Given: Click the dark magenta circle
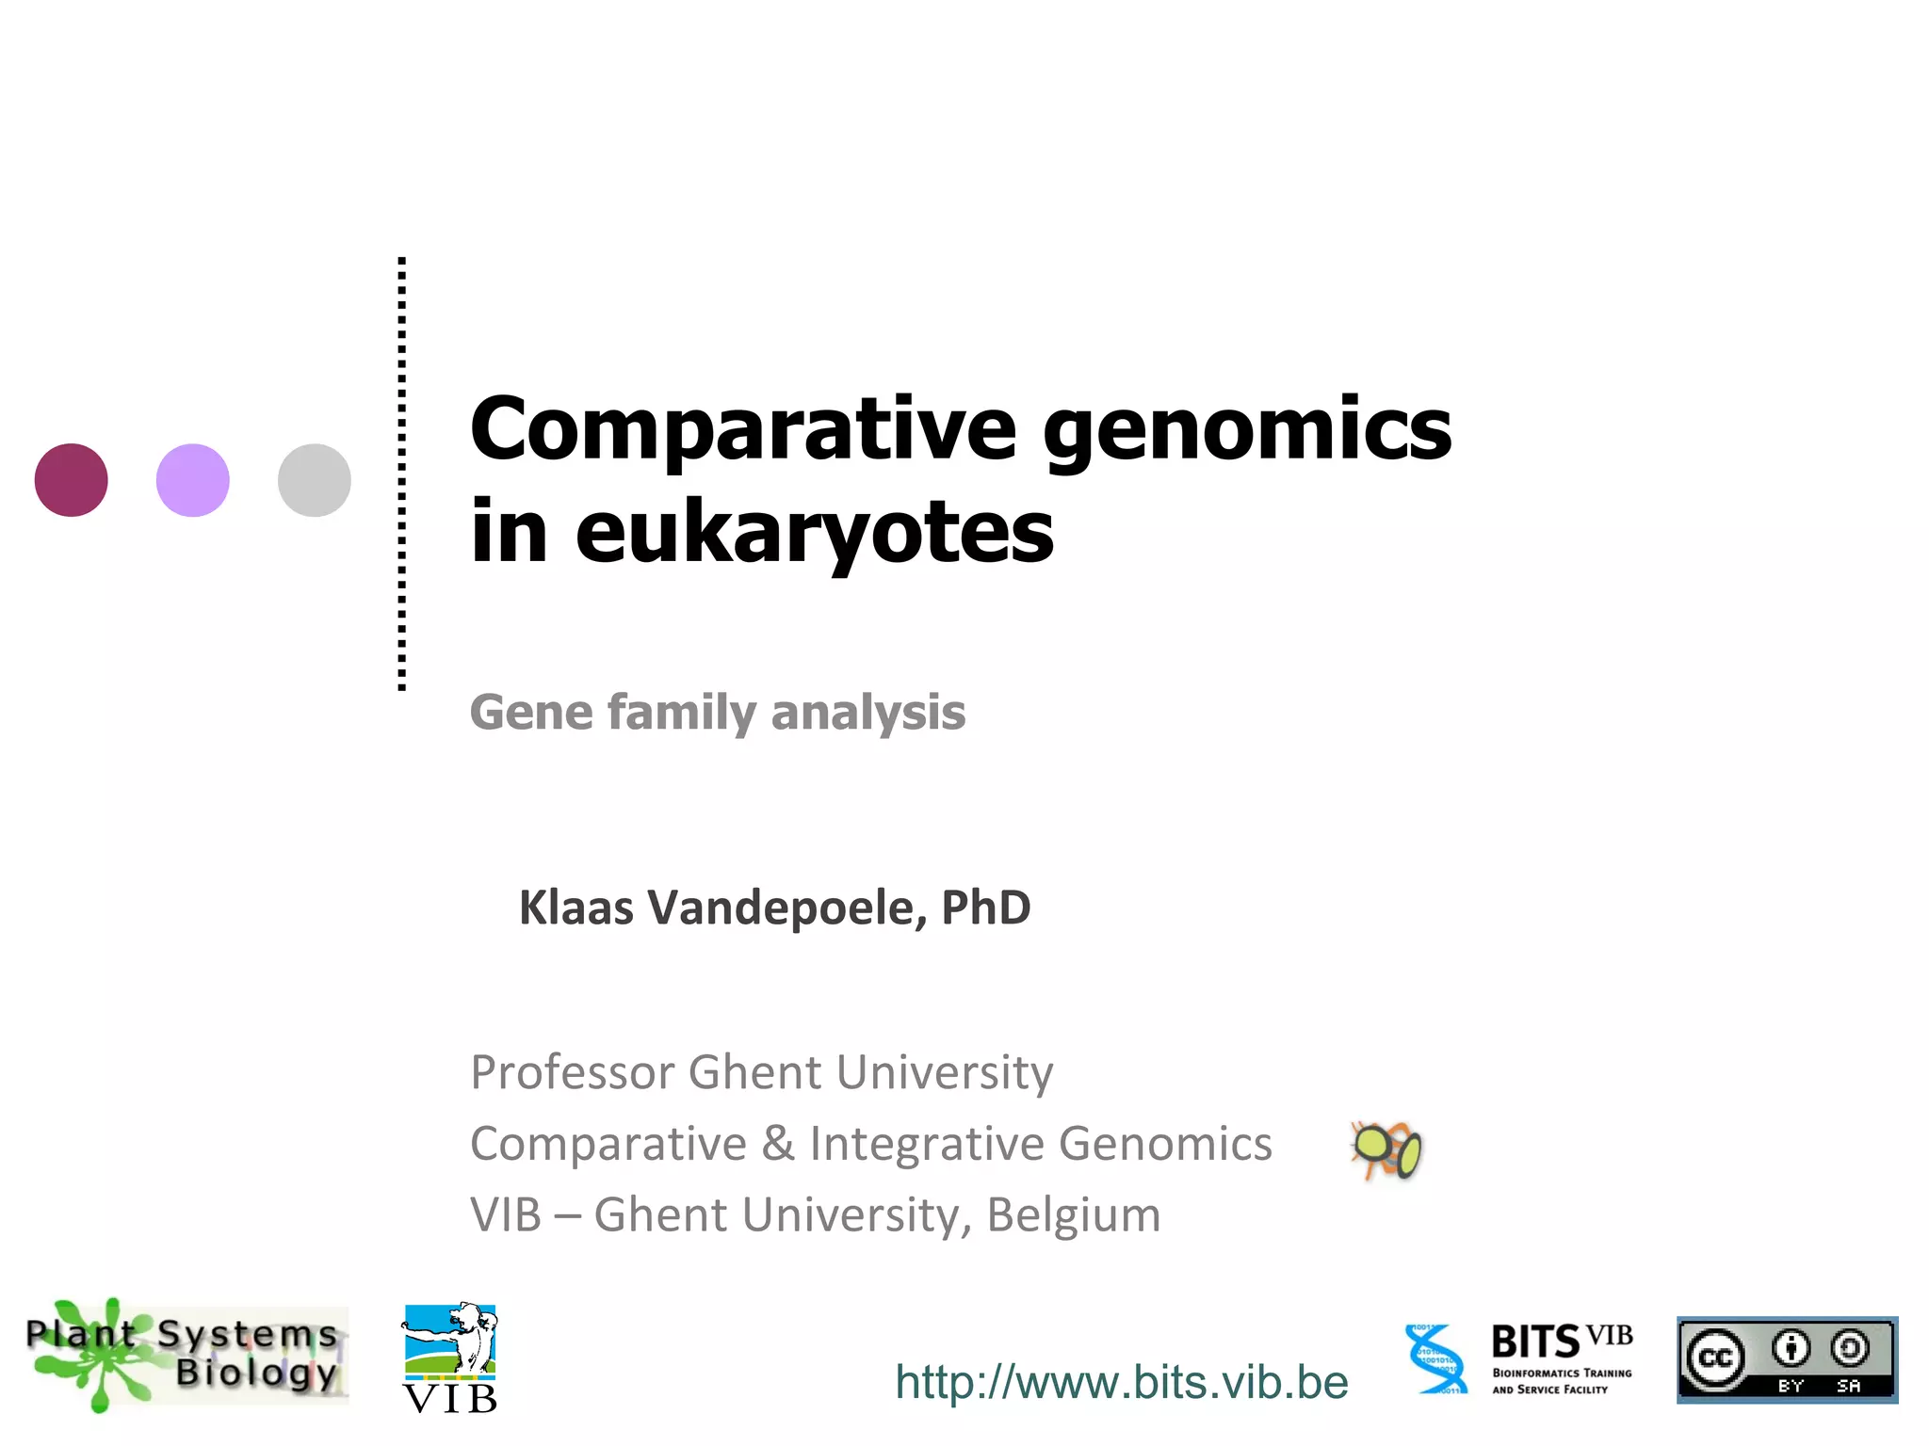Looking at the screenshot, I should [x=72, y=480].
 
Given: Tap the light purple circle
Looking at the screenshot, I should [x=193, y=480].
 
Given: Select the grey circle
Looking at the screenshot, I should [x=315, y=480].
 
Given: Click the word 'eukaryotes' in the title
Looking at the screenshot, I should [x=814, y=534].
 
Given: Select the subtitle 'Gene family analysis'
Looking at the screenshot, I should [x=718, y=712].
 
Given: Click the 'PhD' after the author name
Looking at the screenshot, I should [x=986, y=908].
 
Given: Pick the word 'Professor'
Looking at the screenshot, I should [x=573, y=1072].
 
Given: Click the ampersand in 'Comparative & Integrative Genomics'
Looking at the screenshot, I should [x=777, y=1144].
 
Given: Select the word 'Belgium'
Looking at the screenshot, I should [x=1073, y=1214].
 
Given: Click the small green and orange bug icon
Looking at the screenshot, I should [x=1386, y=1149].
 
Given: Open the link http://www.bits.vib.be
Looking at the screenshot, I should [x=1121, y=1382].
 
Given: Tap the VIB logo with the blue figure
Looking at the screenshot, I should [x=450, y=1358].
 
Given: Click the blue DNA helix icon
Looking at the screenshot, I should [x=1435, y=1358].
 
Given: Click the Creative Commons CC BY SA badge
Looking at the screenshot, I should [x=1787, y=1360].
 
